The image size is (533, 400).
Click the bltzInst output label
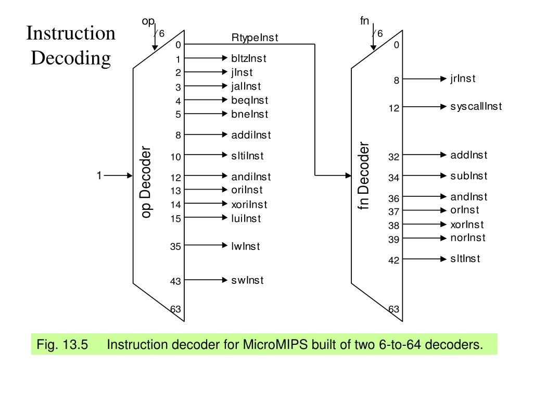[249, 59]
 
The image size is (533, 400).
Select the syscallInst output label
[476, 107]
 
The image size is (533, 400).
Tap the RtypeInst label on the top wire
[255, 37]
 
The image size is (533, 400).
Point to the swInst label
[247, 280]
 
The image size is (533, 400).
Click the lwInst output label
[246, 246]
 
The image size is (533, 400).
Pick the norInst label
[468, 238]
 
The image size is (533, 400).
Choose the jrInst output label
[463, 79]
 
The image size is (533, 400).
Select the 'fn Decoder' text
[364, 176]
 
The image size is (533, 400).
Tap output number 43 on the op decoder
[175, 282]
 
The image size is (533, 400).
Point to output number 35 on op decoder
[175, 247]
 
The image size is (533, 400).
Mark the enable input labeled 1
[99, 176]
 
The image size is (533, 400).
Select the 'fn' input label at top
[365, 21]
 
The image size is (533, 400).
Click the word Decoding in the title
[71, 57]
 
